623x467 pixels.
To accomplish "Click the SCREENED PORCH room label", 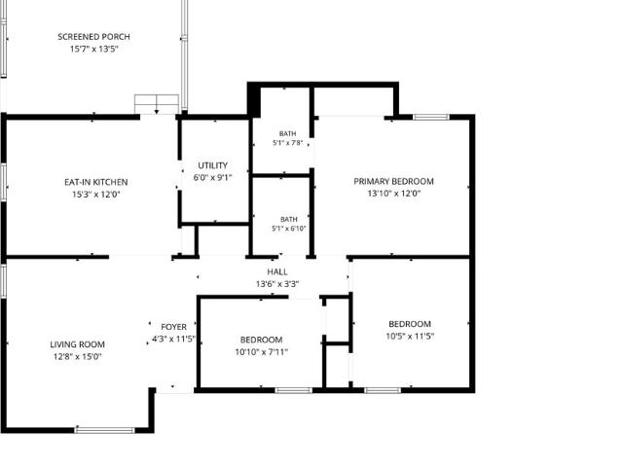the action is coord(93,37).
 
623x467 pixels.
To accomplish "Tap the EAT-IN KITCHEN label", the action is coord(96,182).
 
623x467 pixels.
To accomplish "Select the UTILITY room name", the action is coord(213,165).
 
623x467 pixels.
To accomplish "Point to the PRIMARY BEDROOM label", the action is coord(393,182).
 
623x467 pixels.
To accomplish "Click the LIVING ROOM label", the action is coord(78,344).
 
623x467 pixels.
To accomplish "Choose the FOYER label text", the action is coord(173,327).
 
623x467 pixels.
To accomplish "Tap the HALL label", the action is coord(277,272).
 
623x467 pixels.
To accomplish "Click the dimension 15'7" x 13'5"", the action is coord(94,50).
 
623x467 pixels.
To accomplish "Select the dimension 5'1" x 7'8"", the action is coord(288,143).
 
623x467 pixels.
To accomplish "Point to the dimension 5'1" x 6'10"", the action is coord(289,229).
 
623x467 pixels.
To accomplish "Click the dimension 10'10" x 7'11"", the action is coord(262,352).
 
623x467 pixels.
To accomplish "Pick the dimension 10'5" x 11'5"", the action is coord(410,337).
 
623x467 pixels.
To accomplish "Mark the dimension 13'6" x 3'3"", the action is coord(277,284).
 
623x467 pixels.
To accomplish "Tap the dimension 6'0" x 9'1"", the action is coord(212,177).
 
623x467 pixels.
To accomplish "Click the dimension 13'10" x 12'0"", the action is coord(393,194).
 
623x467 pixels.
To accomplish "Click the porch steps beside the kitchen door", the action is coord(157,104).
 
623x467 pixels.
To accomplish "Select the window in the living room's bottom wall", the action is coord(105,430).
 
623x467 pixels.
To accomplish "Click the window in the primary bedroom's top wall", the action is coord(431,117).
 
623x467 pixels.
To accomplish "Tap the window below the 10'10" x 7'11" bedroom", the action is coord(294,390).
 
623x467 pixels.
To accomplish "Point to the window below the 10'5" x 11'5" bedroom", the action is coord(383,390).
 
